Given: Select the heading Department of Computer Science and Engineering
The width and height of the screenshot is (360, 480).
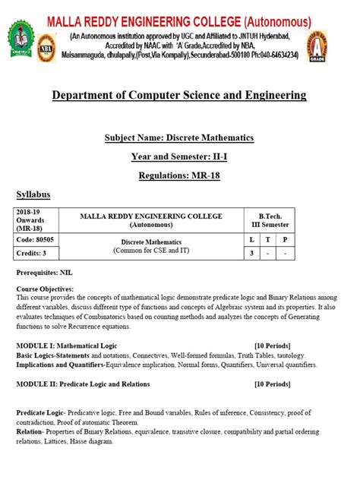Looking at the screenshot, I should click(x=179, y=95).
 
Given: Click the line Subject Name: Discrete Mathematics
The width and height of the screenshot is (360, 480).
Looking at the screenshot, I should click(x=179, y=137).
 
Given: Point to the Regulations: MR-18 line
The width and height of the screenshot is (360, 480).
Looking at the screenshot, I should click(x=179, y=175).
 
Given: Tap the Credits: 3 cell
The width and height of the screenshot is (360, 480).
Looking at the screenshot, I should click(x=31, y=253).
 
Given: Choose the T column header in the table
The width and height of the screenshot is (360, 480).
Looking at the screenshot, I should click(x=268, y=238).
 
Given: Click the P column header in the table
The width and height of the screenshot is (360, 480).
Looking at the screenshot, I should click(x=285, y=238).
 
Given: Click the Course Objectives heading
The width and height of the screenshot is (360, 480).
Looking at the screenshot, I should click(x=46, y=289).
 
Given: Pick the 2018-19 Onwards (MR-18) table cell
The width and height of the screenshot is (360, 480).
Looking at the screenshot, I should click(x=33, y=220).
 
